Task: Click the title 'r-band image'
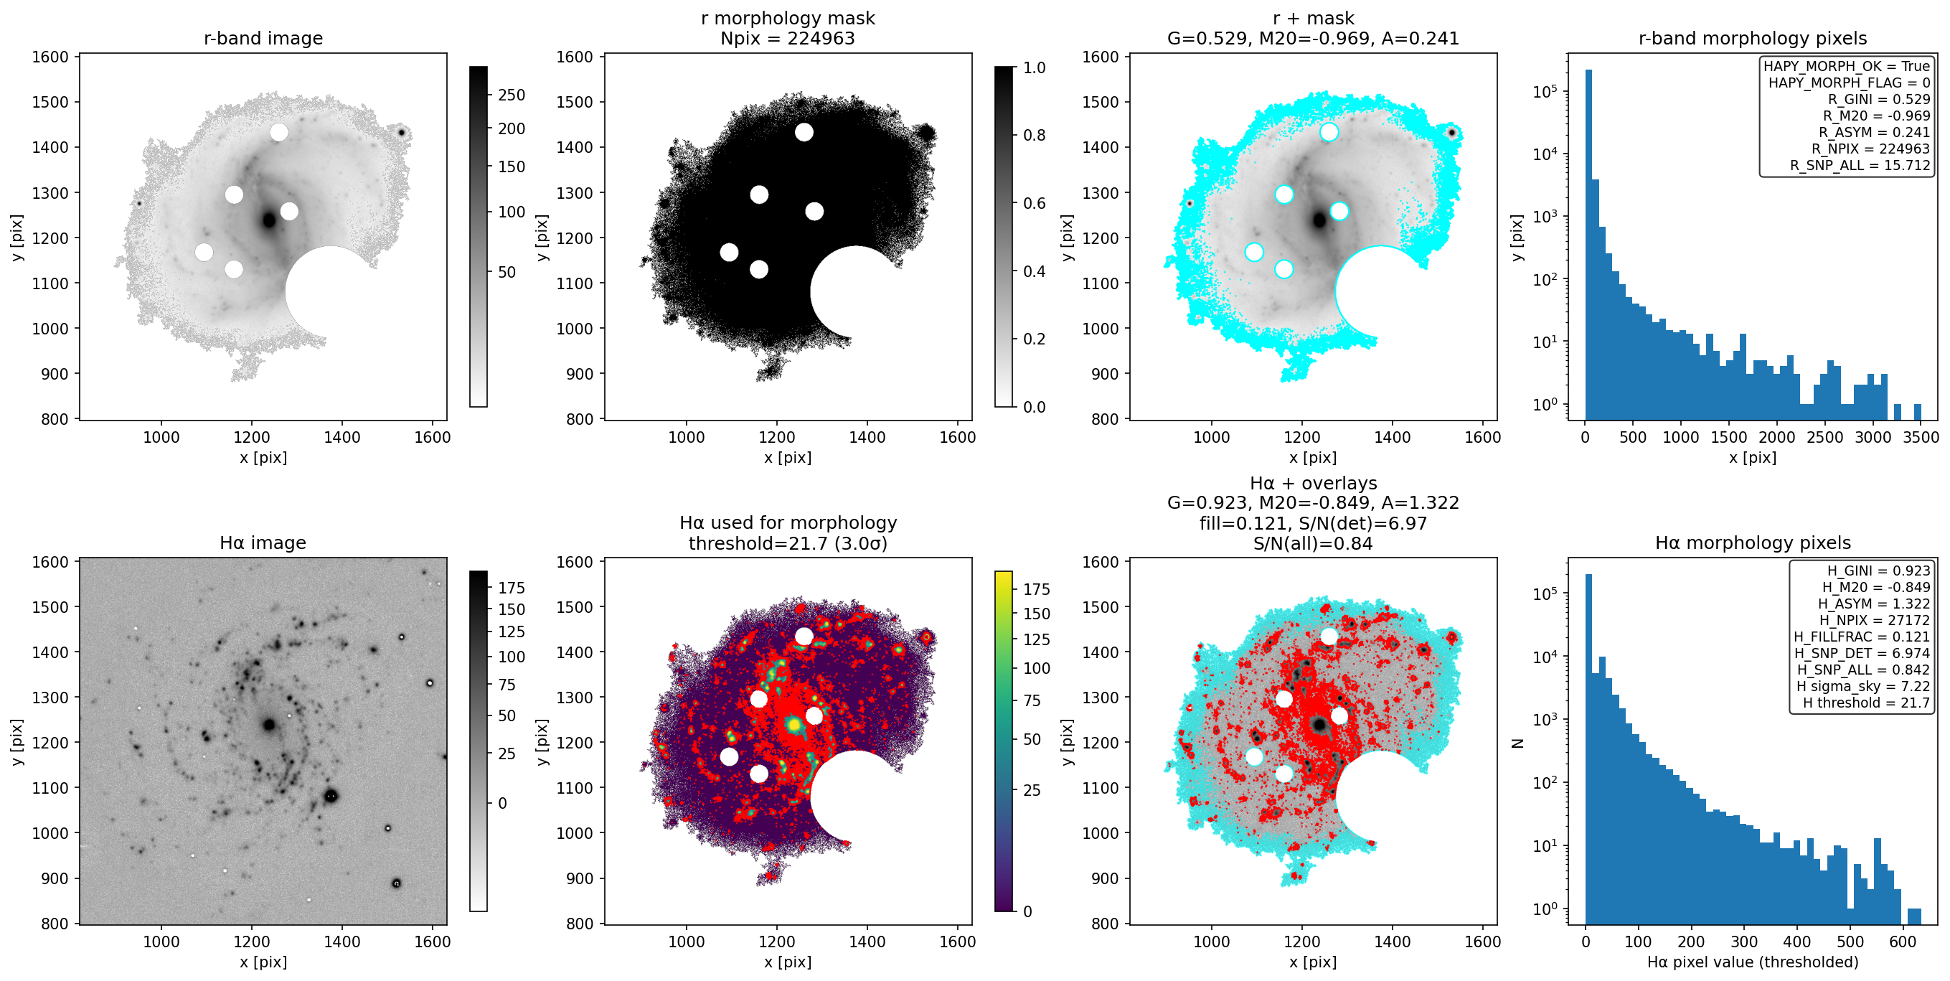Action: pyautogui.click(x=263, y=38)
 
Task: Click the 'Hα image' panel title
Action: pyautogui.click(x=263, y=543)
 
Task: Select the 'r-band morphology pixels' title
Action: pyautogui.click(x=1753, y=38)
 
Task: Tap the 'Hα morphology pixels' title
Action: pyautogui.click(x=1753, y=543)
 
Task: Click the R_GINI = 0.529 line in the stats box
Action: pyautogui.click(x=1879, y=99)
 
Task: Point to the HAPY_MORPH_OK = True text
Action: pyautogui.click(x=1846, y=66)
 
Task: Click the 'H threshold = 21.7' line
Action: pyautogui.click(x=1866, y=703)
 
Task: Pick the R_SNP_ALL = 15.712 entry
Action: pyautogui.click(x=1860, y=165)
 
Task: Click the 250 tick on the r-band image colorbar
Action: pyautogui.click(x=511, y=95)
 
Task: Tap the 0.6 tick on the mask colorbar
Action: pyautogui.click(x=1034, y=203)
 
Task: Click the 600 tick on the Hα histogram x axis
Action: pyautogui.click(x=1903, y=942)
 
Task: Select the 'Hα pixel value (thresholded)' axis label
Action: pyautogui.click(x=1753, y=962)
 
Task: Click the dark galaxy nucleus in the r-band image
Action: pyautogui.click(x=269, y=220)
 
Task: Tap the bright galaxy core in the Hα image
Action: pyautogui.click(x=269, y=724)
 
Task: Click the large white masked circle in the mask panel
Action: pyautogui.click(x=855, y=291)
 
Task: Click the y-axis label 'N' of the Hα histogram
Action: pyautogui.click(x=1517, y=743)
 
